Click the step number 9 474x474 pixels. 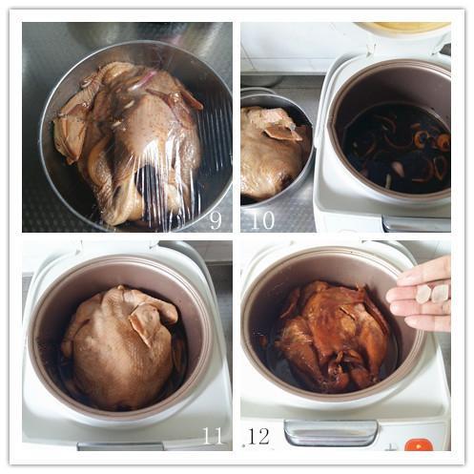click(x=216, y=220)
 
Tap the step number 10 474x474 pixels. click(x=263, y=220)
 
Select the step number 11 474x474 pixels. click(x=213, y=436)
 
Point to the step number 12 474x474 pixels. click(x=258, y=436)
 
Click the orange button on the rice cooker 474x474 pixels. click(x=419, y=444)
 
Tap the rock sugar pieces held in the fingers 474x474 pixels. click(x=433, y=293)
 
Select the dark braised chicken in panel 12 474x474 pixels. click(x=334, y=334)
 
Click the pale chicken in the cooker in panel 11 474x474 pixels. click(x=122, y=346)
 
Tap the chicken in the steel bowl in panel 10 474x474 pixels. click(x=274, y=153)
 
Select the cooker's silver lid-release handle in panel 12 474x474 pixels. click(x=331, y=433)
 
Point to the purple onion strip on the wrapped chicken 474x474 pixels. click(x=143, y=81)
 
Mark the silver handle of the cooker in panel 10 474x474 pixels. click(x=417, y=223)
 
